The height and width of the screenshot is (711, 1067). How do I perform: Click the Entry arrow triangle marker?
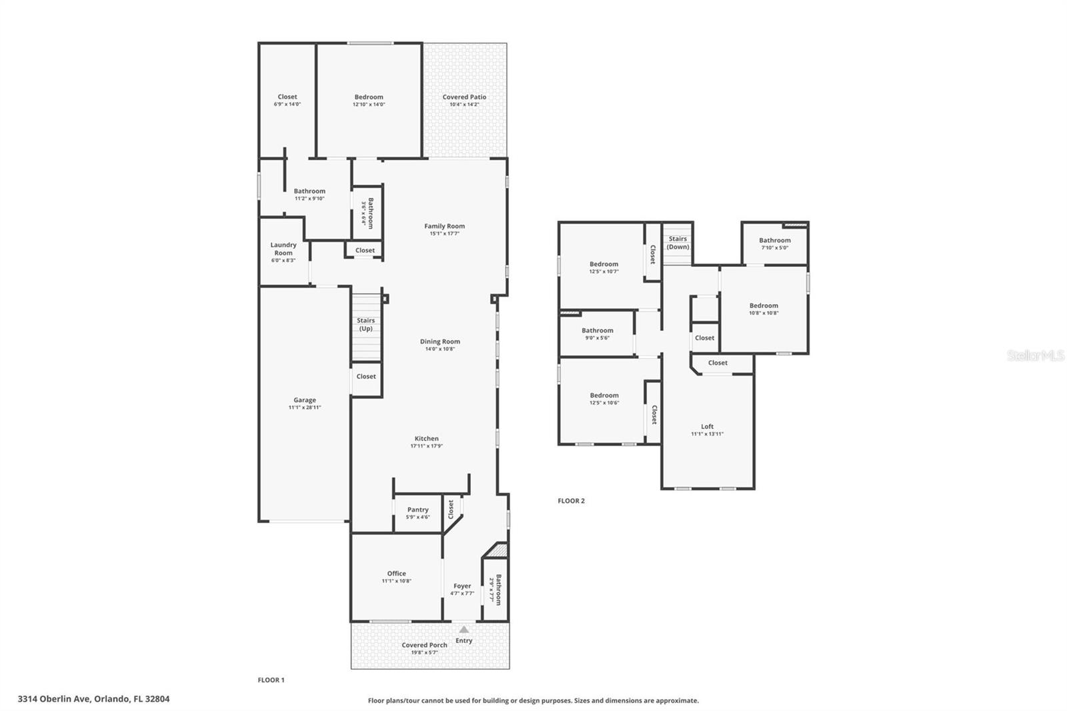464,629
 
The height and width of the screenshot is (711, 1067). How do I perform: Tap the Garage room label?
305,400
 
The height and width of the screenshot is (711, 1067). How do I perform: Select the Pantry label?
418,510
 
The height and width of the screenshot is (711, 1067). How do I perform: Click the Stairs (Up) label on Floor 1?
365,324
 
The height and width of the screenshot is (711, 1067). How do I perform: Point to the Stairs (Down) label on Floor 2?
678,243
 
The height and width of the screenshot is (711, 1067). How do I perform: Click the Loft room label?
707,426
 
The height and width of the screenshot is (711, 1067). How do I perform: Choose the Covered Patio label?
464,97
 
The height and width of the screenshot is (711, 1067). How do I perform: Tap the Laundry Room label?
283,249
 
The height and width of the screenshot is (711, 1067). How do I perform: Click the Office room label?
396,574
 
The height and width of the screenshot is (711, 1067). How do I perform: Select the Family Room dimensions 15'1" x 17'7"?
444,234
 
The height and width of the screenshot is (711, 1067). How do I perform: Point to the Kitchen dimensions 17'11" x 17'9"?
426,446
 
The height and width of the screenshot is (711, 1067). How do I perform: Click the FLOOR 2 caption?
571,501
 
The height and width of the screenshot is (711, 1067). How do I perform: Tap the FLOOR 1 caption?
271,680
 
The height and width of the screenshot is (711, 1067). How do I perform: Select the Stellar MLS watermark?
1035,355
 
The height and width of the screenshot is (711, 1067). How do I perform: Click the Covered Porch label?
424,645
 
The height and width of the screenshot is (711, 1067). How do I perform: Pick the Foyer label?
462,586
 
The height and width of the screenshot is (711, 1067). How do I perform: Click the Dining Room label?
439,341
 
